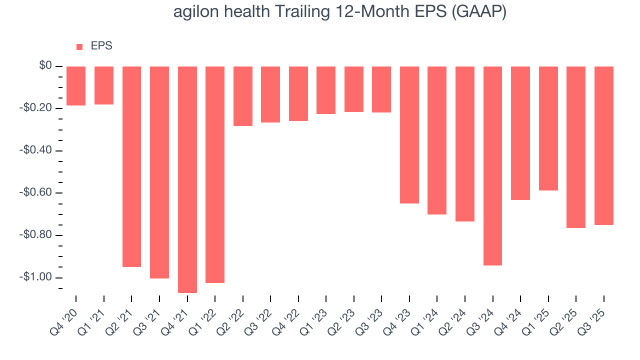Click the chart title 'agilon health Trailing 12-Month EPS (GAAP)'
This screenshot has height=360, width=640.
point(340,12)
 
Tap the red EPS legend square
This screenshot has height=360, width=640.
point(79,46)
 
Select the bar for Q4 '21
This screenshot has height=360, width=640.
point(187,179)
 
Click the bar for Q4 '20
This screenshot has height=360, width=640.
point(76,86)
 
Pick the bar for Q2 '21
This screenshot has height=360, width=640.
point(131,166)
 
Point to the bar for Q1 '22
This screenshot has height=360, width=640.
point(215,174)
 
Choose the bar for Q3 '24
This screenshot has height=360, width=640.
point(492,166)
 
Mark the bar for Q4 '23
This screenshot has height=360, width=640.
point(409,135)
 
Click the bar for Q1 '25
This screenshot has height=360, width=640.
point(548,128)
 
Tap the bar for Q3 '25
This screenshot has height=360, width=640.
point(603,145)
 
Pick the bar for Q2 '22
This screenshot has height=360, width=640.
point(242,96)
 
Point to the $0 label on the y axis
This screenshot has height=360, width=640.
point(46,66)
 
